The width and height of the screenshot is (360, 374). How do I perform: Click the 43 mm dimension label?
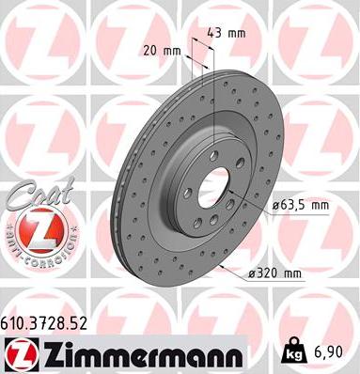(x=230, y=34)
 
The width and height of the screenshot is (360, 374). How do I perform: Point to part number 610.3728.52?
(x=44, y=322)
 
